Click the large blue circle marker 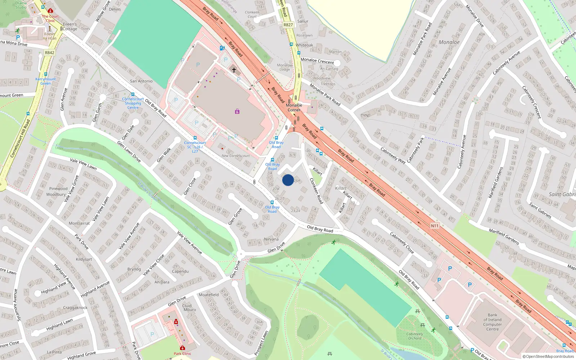(288, 180)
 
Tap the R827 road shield (288, 25)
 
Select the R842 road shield (50, 53)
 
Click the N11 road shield (435, 226)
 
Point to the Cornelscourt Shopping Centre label (133, 103)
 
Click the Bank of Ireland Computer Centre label (492, 322)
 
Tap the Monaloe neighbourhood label (449, 42)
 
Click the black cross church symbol (234, 70)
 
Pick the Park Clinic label (183, 354)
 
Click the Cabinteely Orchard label (414, 336)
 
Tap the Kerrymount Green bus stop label (45, 81)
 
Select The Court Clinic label (50, 18)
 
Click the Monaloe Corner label (294, 108)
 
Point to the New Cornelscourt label (235, 156)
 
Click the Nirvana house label (271, 239)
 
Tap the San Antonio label (141, 81)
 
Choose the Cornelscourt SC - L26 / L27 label (195, 147)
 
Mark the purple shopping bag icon (237, 112)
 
